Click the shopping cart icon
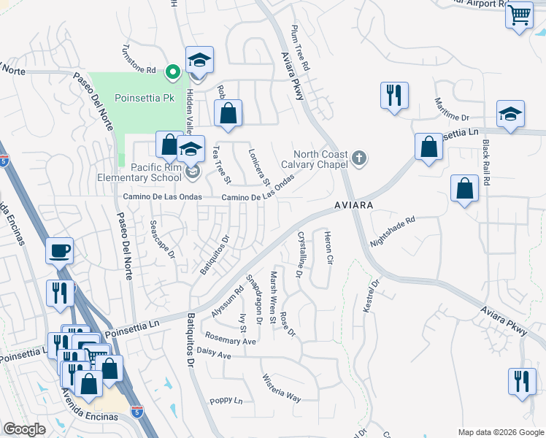pyautogui.click(x=519, y=15)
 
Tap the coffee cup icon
pyautogui.click(x=60, y=250)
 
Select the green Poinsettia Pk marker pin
pyautogui.click(x=172, y=72)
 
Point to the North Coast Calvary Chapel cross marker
pyautogui.click(x=358, y=158)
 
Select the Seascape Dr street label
pyautogui.click(x=162, y=239)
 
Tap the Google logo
pyautogui.click(x=24, y=429)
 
